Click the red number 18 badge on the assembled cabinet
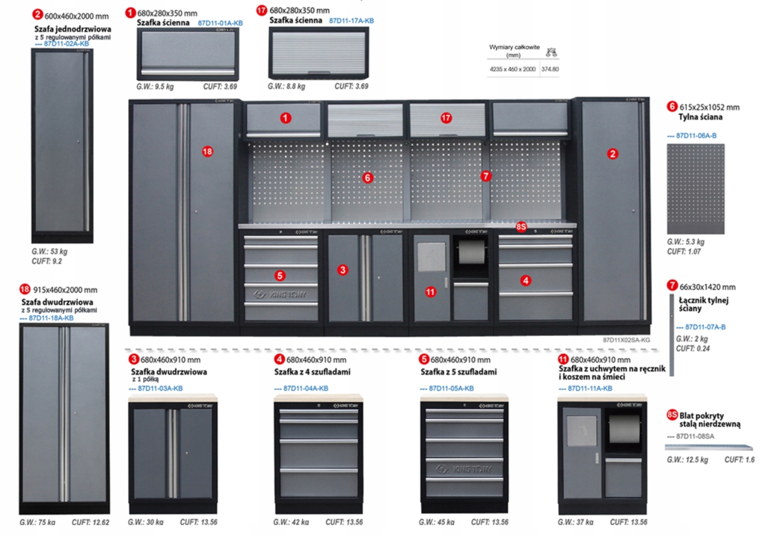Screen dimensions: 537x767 click(207, 152)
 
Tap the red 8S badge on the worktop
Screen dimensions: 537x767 click(521, 226)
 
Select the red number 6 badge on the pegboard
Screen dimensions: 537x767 click(367, 177)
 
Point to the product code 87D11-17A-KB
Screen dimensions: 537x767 click(351, 20)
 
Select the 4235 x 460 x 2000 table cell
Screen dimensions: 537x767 click(513, 69)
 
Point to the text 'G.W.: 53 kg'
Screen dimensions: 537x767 click(50, 251)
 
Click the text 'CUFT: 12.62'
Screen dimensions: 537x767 click(91, 522)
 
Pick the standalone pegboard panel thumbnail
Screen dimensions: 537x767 click(696, 189)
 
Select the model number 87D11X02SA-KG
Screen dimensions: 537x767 click(626, 340)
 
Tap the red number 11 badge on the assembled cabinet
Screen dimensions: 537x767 click(431, 291)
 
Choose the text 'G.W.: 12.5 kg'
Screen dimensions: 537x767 click(688, 460)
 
